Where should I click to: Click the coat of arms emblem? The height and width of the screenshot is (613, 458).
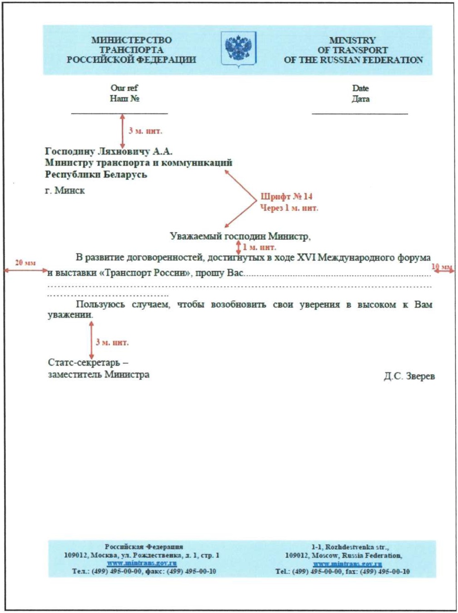(x=239, y=49)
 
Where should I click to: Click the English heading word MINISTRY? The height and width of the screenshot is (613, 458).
(x=352, y=40)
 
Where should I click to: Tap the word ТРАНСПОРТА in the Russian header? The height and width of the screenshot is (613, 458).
(x=131, y=50)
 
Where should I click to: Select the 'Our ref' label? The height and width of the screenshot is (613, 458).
(x=124, y=88)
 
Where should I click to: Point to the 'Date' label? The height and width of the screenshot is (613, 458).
(x=360, y=88)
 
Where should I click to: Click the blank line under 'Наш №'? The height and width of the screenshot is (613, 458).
(x=119, y=113)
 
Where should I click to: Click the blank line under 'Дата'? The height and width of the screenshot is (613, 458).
(x=360, y=114)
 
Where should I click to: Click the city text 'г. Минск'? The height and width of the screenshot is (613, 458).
(x=65, y=191)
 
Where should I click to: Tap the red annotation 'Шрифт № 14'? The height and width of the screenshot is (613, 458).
(x=286, y=197)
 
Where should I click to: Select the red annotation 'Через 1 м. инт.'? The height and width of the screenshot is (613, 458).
(x=289, y=208)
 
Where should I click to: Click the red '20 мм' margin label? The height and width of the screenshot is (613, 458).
(x=25, y=263)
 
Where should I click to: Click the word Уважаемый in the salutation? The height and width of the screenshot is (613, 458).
(x=195, y=237)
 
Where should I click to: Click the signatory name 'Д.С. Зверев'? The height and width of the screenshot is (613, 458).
(x=409, y=376)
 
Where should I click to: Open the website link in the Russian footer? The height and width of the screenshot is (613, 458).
(x=142, y=563)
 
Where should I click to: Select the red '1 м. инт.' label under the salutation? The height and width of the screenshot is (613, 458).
(x=259, y=247)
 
